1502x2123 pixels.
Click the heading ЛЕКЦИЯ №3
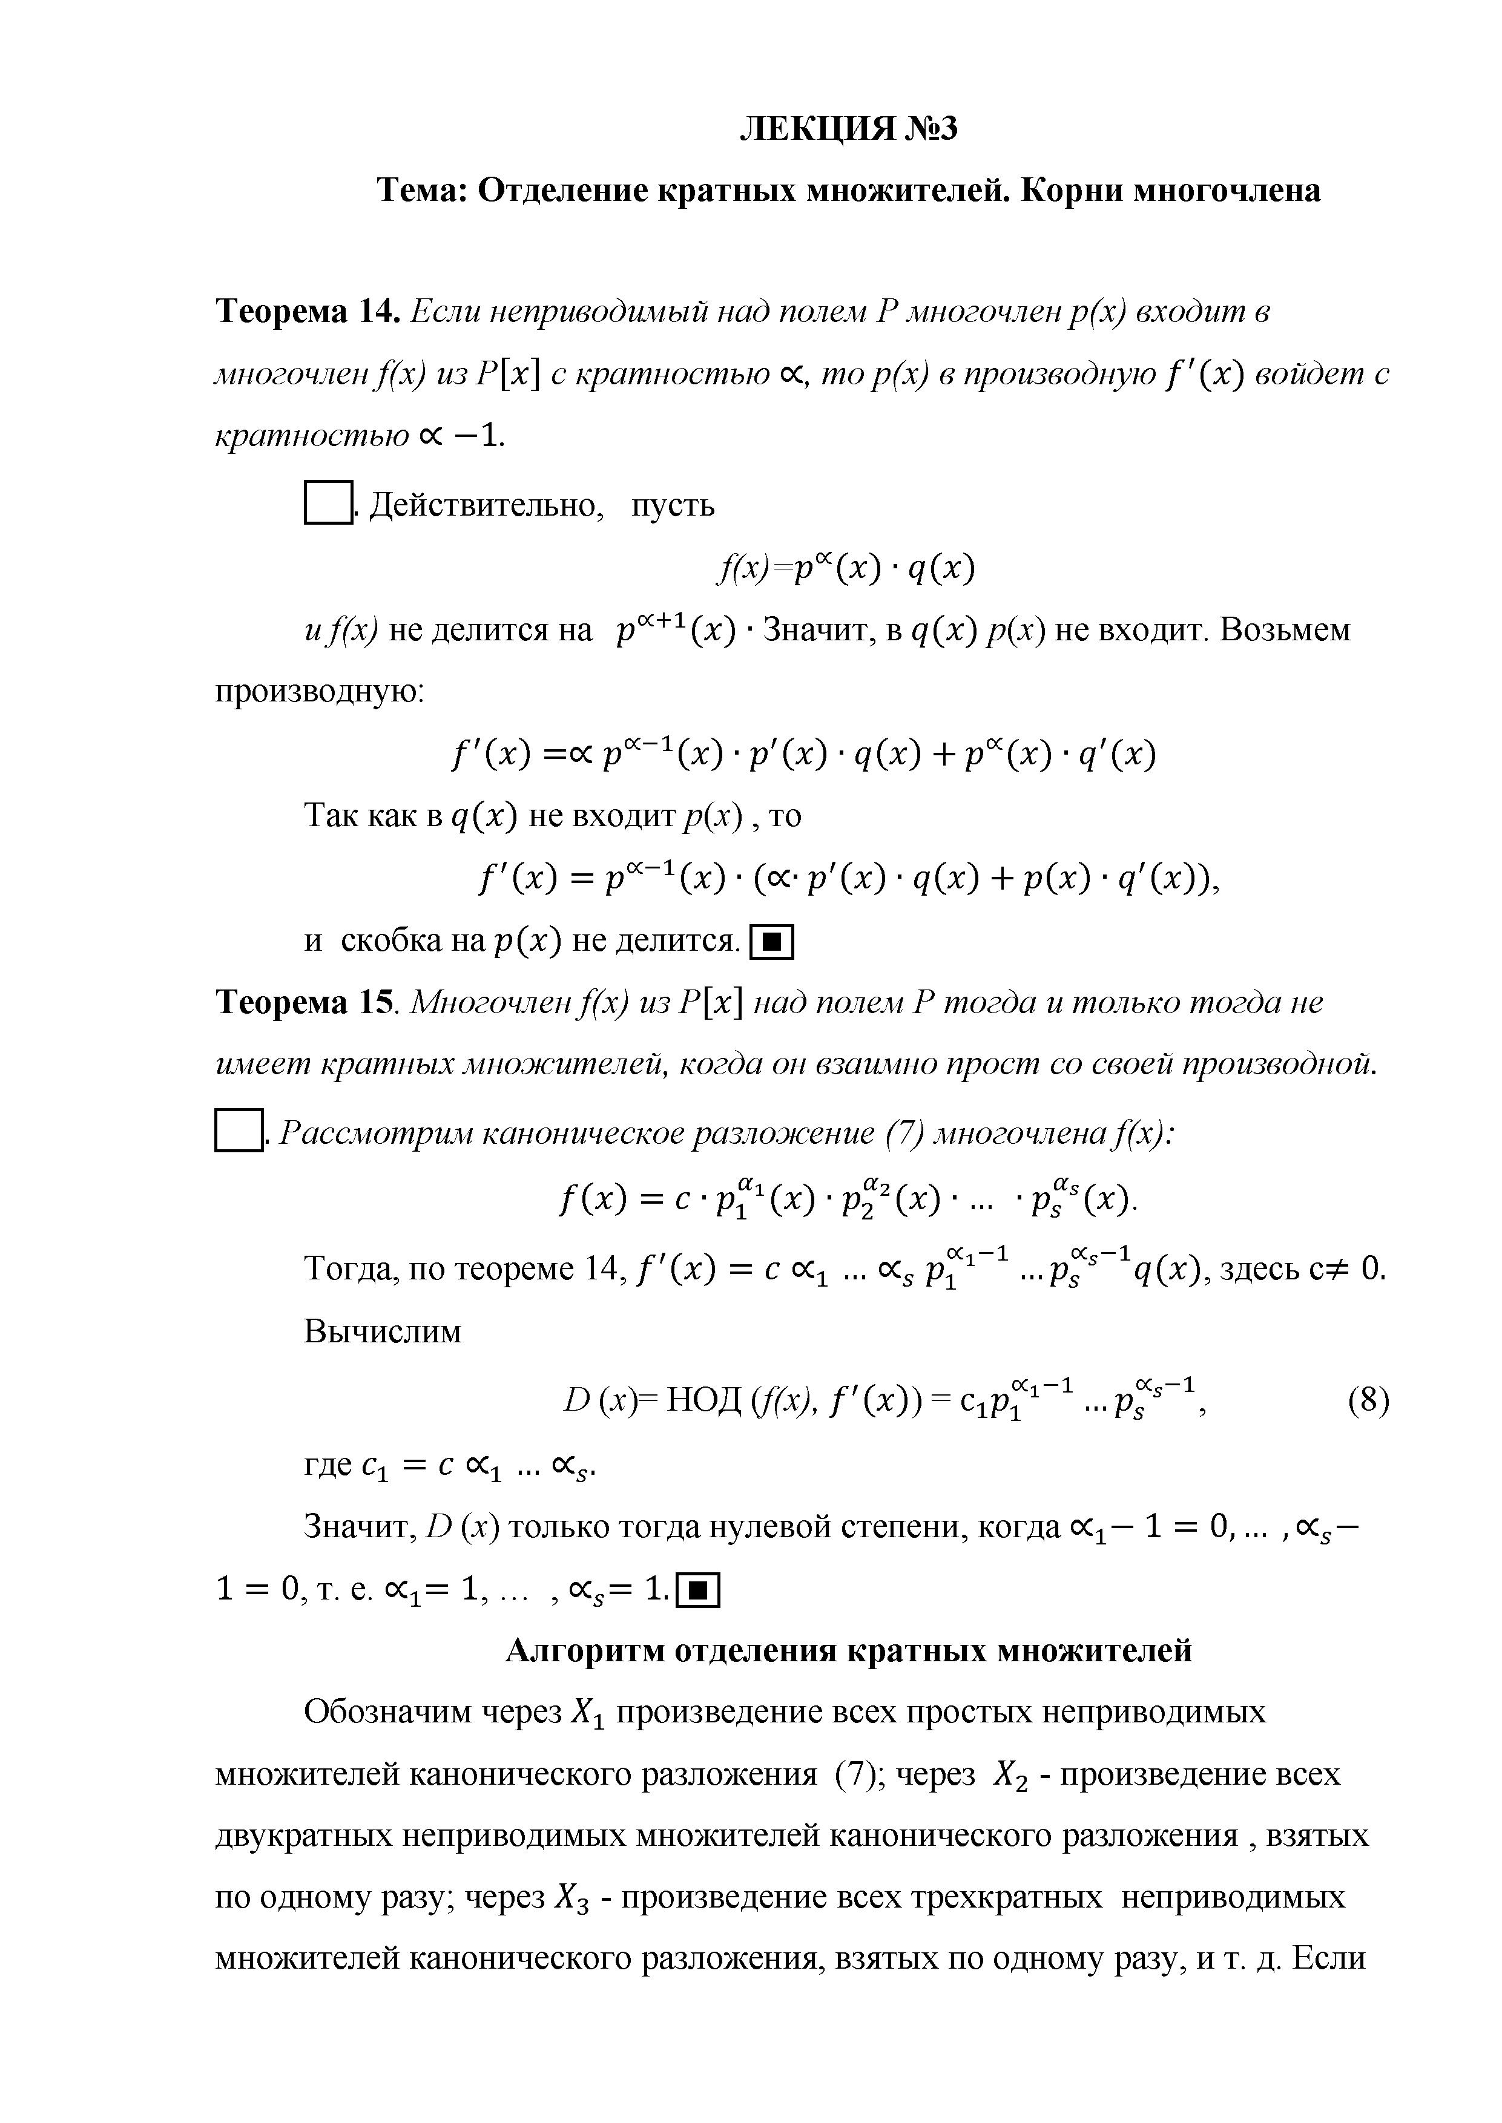tap(848, 128)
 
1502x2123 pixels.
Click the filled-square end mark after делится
tap(772, 943)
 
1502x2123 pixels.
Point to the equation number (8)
tap(1368, 1402)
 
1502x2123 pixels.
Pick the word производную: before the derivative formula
tap(319, 692)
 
